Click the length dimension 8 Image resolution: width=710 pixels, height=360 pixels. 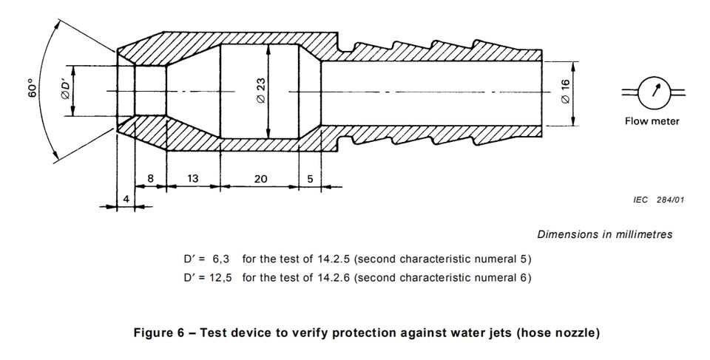click(150, 180)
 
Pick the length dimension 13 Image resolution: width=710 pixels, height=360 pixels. click(193, 180)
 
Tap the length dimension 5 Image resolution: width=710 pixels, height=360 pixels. click(309, 180)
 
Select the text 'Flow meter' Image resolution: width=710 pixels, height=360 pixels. click(652, 121)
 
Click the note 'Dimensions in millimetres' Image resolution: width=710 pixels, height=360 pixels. click(604, 234)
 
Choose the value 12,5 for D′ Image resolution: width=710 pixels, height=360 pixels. click(220, 278)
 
